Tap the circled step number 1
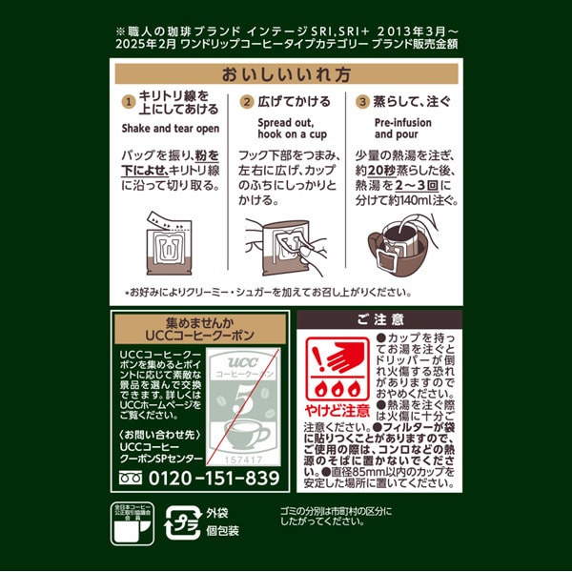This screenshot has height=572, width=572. pos(127,102)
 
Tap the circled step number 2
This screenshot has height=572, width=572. pos(246,102)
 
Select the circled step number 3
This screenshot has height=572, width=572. pos(362,102)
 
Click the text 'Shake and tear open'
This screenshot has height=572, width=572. pos(171,128)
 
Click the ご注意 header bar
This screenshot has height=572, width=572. pos(379,318)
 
